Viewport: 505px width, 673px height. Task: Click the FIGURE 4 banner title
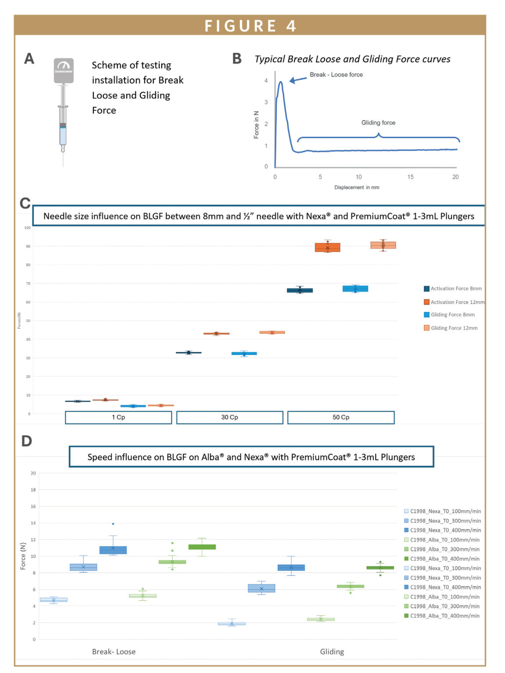coord(250,26)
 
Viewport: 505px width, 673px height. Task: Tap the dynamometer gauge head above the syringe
coord(64,70)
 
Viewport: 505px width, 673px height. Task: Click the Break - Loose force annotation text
coord(336,74)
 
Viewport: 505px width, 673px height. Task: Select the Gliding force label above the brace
coord(378,123)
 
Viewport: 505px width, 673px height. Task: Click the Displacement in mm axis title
coord(356,187)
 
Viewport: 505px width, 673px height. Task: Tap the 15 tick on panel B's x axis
coord(410,177)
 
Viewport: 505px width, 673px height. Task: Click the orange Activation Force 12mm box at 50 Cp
coord(327,248)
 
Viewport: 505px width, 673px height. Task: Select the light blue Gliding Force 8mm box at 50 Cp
coord(355,288)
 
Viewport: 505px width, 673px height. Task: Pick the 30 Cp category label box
coord(229,417)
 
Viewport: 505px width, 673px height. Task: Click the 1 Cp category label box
coord(118,417)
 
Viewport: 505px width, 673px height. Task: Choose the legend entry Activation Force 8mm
coord(455,288)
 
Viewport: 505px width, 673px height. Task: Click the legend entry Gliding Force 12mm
coord(454,328)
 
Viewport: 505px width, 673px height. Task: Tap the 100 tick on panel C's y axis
coord(27,227)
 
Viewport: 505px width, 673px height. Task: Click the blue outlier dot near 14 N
coord(113,524)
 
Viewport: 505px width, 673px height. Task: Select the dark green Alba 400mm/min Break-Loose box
coord(202,547)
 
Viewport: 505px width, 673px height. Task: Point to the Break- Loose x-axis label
coord(114,652)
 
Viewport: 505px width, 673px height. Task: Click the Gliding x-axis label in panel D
coord(332,652)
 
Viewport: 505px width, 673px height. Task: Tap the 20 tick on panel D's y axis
coord(33,473)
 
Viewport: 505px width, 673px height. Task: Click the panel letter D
coord(27,441)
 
